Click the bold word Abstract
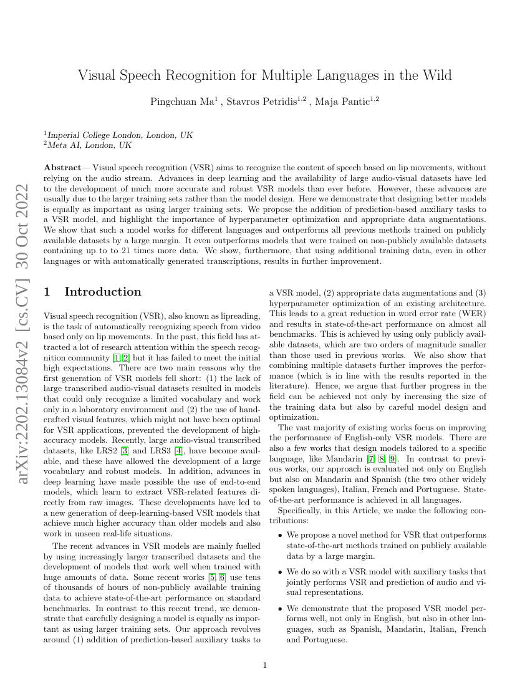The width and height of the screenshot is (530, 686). coord(62,168)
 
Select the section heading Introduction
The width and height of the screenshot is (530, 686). coord(103,292)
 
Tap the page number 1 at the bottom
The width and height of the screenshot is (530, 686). coord(265,665)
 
